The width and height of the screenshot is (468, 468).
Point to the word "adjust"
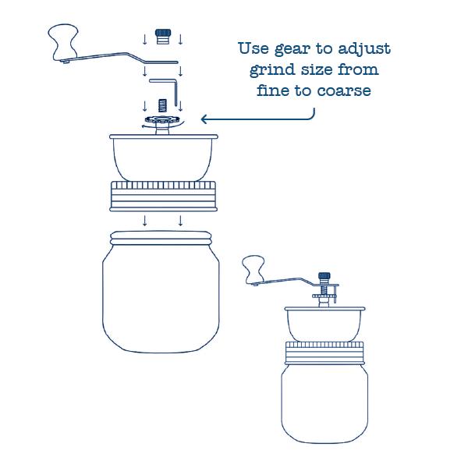coord(363,48)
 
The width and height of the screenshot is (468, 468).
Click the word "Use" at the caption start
coord(253,48)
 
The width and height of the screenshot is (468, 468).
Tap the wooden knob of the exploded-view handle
coord(63,42)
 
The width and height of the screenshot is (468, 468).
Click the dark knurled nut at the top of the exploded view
coord(163,36)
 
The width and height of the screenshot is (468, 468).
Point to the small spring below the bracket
coord(162,105)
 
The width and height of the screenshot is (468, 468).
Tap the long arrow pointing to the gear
coord(257,119)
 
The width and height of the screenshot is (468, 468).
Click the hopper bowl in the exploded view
coord(164,158)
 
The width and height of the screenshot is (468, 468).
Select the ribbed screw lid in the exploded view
coord(164,196)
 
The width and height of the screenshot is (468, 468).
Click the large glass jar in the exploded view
coord(161,292)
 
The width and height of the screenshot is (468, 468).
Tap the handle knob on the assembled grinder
coord(253,269)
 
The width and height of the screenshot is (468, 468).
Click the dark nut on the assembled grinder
coord(324,277)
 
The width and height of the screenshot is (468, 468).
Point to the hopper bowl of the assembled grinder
coord(324,324)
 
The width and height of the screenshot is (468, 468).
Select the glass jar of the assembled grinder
coord(324,403)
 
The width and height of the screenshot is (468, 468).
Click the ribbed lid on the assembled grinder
coord(324,353)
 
